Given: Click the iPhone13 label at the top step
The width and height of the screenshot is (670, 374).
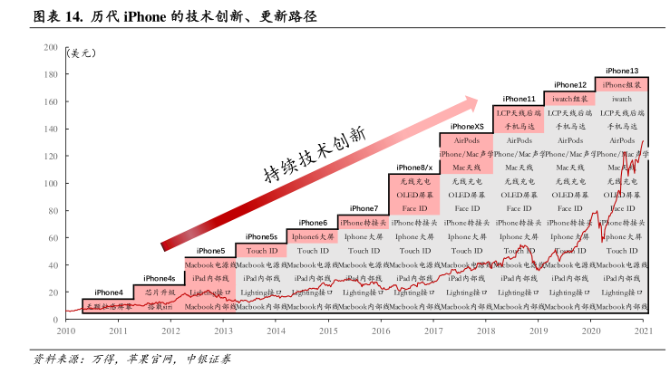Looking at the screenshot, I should [622, 71].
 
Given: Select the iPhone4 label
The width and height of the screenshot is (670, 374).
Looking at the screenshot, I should [108, 292].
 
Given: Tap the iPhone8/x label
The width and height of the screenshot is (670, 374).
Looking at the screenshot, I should [415, 168].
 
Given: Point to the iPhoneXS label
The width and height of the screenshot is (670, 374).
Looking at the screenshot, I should [467, 127].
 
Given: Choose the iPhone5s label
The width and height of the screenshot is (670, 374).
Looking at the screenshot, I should [261, 236].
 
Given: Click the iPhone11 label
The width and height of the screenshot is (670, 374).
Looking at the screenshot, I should [519, 99].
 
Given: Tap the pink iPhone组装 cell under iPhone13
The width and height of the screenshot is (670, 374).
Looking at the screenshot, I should [622, 85].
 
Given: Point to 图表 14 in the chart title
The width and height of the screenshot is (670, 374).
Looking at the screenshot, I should [44, 16].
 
